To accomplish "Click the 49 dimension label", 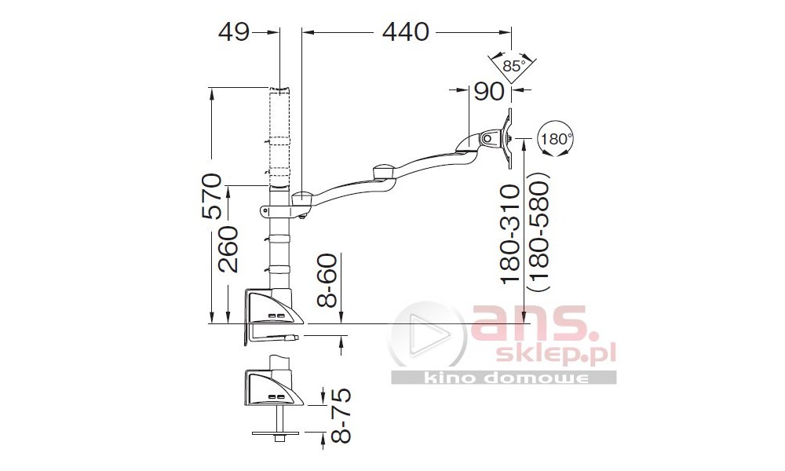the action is pos(234,32).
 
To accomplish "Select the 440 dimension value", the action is pos(406,32).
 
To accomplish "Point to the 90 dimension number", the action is pos(488,91).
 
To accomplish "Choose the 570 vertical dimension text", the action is pos(212,195).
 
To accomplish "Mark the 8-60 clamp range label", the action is pos(328,280).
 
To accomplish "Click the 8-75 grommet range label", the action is pos(341,415).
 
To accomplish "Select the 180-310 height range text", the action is pos(512,235).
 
